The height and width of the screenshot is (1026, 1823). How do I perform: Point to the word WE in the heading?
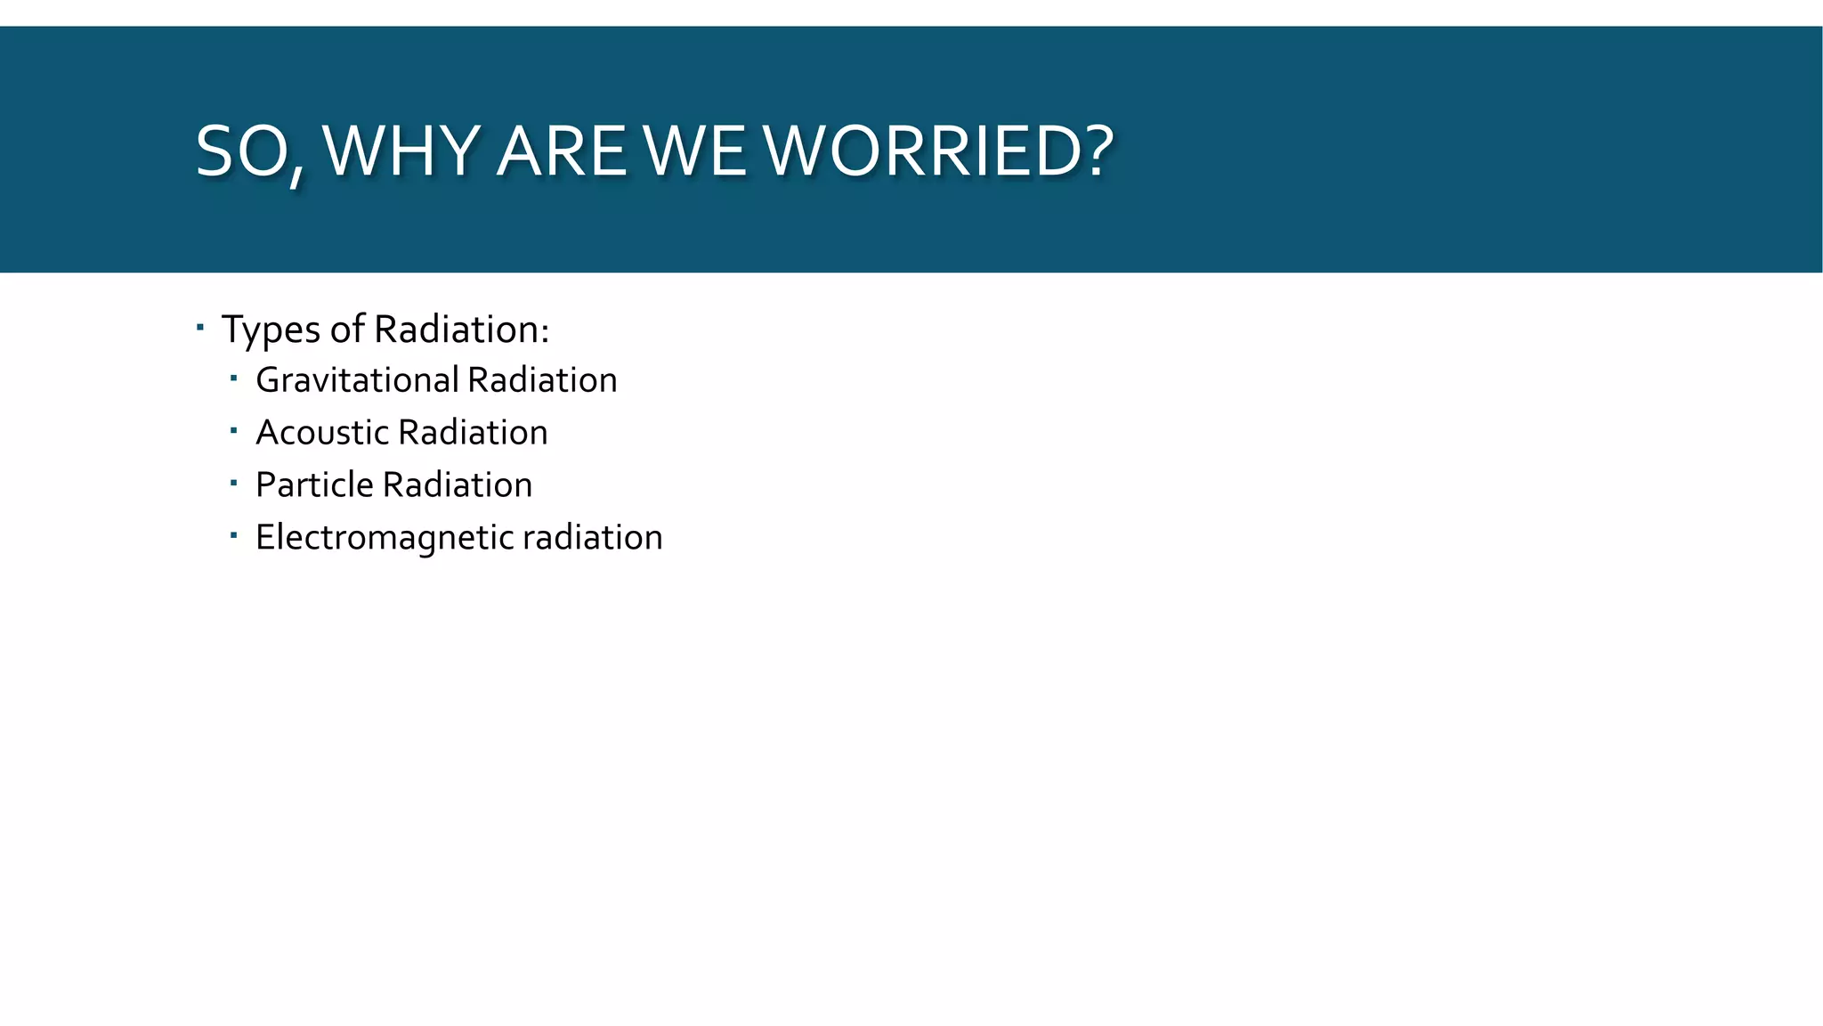click(x=695, y=151)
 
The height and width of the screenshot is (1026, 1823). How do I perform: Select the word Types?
click(x=271, y=330)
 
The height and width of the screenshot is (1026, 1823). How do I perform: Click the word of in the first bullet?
click(x=347, y=330)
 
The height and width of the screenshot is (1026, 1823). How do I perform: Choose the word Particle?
click(x=314, y=485)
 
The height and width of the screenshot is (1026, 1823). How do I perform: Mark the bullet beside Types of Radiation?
click(x=200, y=327)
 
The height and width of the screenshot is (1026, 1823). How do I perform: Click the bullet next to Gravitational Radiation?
click(x=233, y=379)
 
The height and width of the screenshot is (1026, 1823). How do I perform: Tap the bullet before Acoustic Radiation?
click(x=233, y=431)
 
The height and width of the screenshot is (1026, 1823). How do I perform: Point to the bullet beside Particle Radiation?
click(x=233, y=484)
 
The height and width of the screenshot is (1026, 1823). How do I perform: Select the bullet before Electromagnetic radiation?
click(x=233, y=535)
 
